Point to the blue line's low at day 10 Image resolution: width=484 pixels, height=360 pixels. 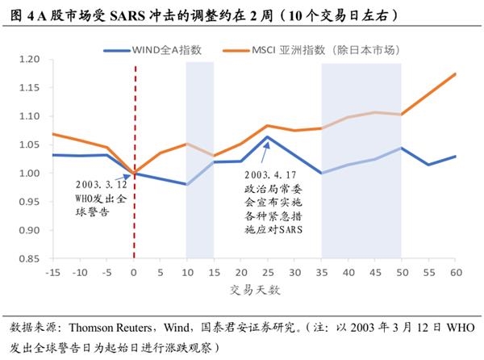coord(187,185)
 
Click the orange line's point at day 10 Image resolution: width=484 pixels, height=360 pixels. coord(187,144)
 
